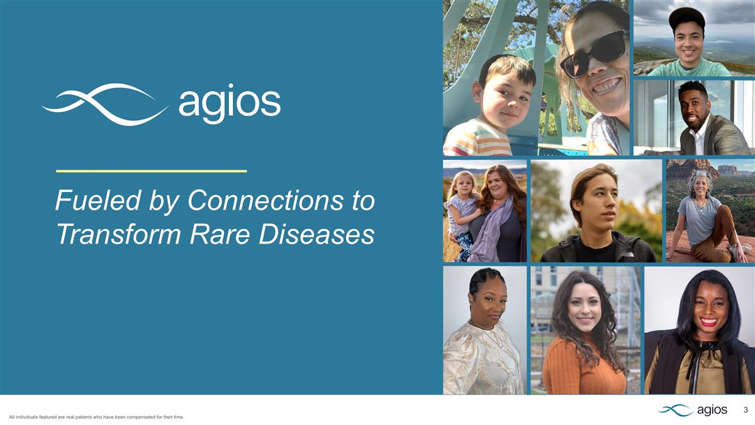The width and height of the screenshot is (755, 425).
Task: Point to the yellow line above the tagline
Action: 151,171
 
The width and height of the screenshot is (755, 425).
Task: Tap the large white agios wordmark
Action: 229,103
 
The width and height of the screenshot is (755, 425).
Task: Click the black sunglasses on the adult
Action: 595,54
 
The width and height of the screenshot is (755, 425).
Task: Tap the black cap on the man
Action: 687,17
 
